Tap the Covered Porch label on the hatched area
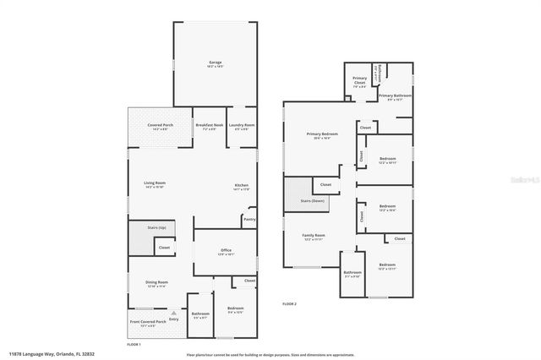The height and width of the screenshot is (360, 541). click(x=161, y=125)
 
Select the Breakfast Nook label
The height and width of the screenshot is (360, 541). click(x=210, y=125)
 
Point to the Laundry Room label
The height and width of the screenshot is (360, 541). click(x=242, y=125)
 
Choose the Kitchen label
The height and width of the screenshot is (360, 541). click(x=241, y=186)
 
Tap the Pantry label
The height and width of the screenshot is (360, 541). click(x=249, y=220)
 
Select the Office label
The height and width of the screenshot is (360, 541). click(x=226, y=250)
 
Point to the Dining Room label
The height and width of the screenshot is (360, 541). click(x=157, y=282)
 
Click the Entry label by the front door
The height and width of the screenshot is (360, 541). click(x=174, y=319)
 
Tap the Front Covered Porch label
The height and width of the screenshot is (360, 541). click(x=148, y=322)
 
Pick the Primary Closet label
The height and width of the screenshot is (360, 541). click(x=359, y=81)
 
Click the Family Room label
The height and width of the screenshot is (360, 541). click(x=314, y=236)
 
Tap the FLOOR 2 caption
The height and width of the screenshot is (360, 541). click(x=289, y=303)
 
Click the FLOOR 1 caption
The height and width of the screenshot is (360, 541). click(x=134, y=345)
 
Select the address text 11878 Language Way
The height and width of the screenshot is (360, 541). click(x=38, y=354)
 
